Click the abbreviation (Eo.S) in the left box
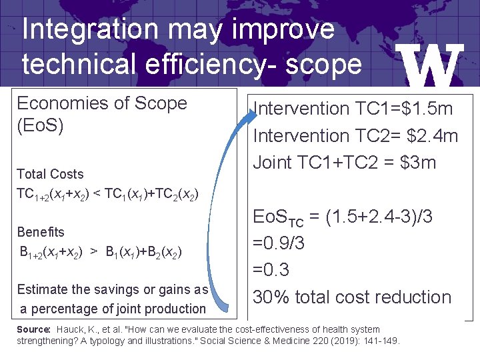pyautogui.click(x=40, y=125)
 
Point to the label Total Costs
pyautogui.click(x=50, y=174)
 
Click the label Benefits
pyautogui.click(x=41, y=232)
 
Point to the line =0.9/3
pyautogui.click(x=279, y=243)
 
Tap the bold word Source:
pyautogui.click(x=33, y=329)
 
